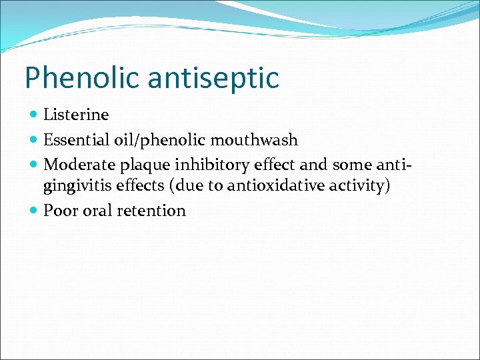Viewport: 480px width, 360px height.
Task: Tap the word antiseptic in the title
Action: click(213, 79)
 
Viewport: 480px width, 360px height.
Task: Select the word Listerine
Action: click(76, 115)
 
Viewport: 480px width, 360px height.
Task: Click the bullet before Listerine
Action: click(35, 115)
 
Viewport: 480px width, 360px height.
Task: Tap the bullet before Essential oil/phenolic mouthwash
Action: click(35, 141)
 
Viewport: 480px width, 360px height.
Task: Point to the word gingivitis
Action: click(77, 186)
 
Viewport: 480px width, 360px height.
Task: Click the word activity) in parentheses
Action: click(359, 186)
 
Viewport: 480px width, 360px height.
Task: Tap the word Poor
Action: click(61, 211)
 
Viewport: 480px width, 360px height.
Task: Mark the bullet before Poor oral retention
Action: click(35, 211)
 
